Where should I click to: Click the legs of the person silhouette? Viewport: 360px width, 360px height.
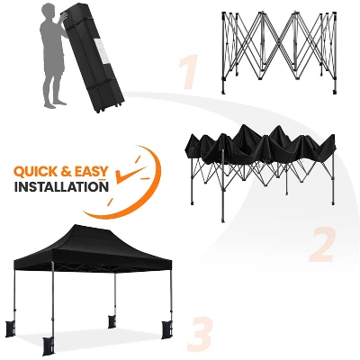click(53, 85)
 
